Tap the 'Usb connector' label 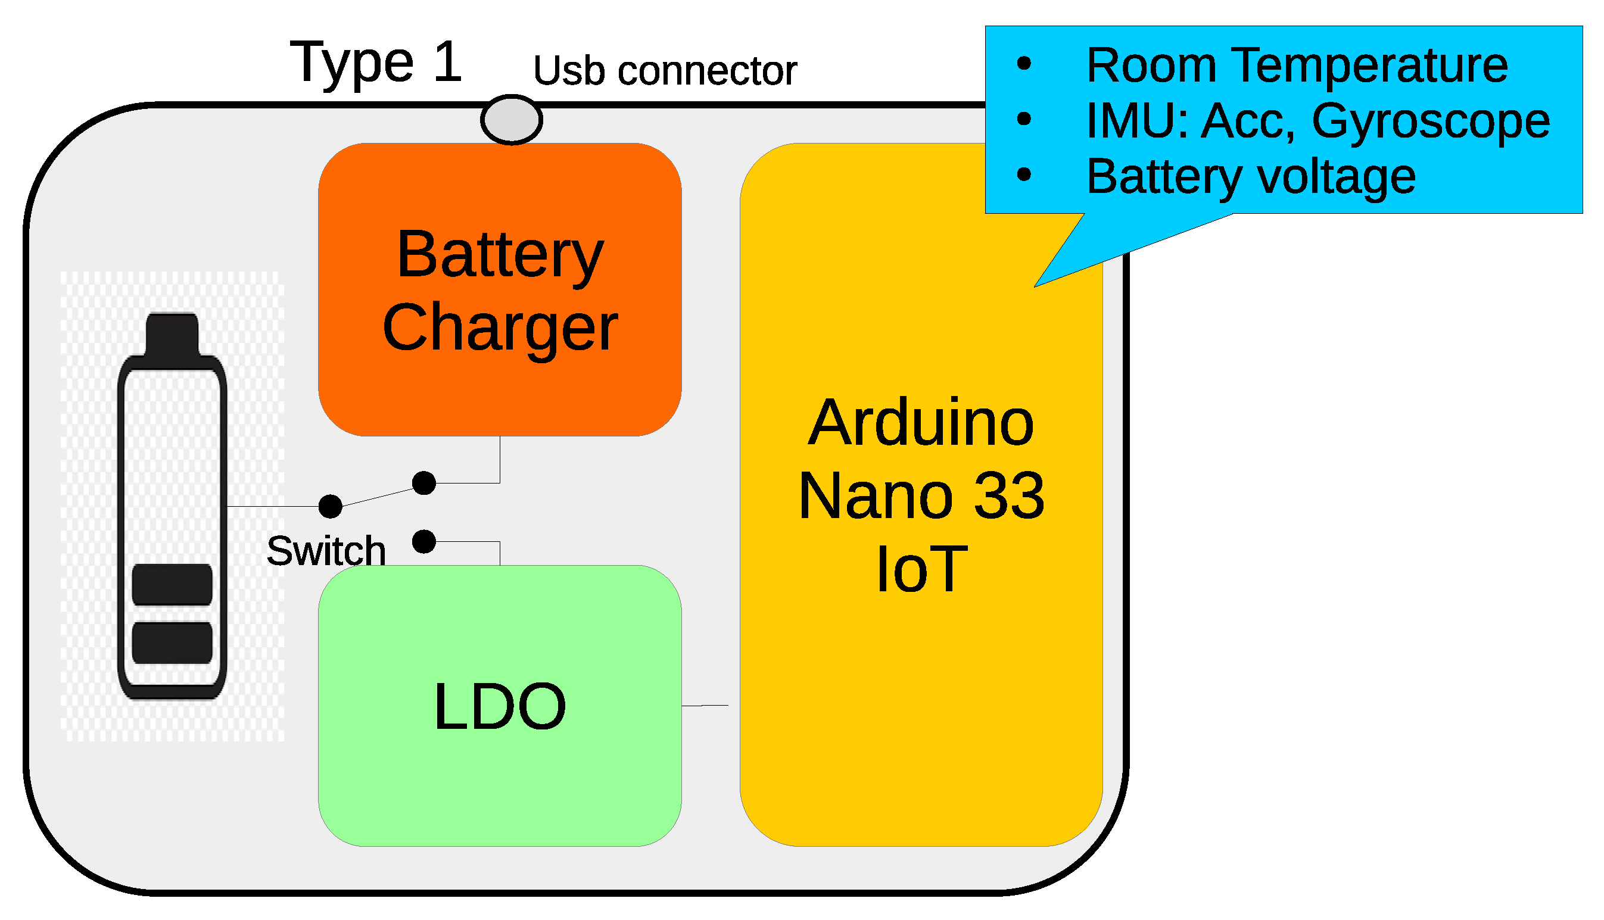[x=665, y=70]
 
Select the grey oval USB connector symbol [x=511, y=120]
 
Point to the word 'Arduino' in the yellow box [x=921, y=423]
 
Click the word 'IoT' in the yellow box [x=921, y=569]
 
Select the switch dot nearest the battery [x=330, y=506]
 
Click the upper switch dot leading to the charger [x=423, y=483]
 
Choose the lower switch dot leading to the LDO [x=423, y=541]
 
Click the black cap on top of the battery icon [x=172, y=333]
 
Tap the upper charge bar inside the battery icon [x=172, y=585]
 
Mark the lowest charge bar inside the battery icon [x=172, y=643]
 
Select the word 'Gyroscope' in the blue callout [x=1431, y=121]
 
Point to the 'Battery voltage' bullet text [x=1251, y=177]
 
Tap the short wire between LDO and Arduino [x=705, y=705]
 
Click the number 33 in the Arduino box [x=1010, y=496]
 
